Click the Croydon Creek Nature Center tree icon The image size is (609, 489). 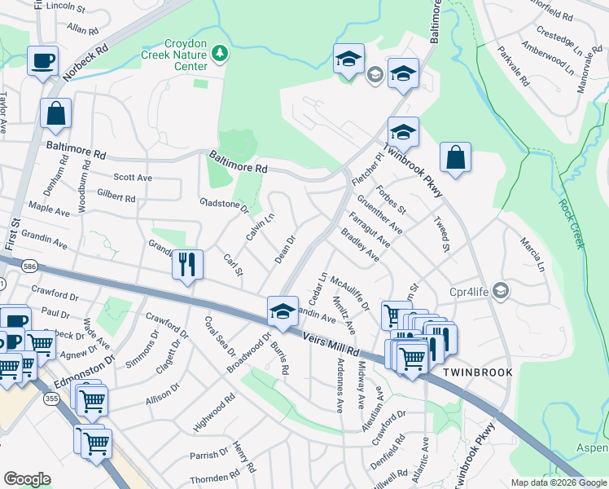pyautogui.click(x=219, y=54)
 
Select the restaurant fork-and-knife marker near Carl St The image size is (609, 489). pyautogui.click(x=187, y=264)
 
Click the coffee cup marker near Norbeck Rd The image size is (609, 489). pyautogui.click(x=42, y=59)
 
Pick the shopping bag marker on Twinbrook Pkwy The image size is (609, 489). pyautogui.click(x=456, y=157)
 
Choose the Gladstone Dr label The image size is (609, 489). pyautogui.click(x=223, y=205)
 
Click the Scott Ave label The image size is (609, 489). pyautogui.click(x=133, y=177)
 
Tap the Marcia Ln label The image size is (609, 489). pyautogui.click(x=531, y=254)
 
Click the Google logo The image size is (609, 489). pyautogui.click(x=27, y=479)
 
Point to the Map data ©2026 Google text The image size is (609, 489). pyautogui.click(x=558, y=482)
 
